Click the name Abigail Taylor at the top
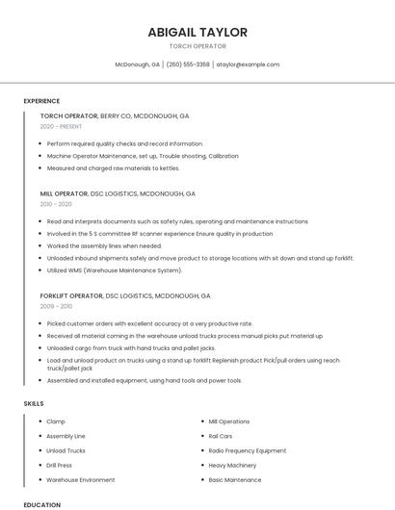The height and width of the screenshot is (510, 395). [197, 32]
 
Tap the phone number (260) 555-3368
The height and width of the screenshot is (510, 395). [188, 64]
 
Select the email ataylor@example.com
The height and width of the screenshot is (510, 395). [248, 64]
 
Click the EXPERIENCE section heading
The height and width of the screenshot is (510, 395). [41, 101]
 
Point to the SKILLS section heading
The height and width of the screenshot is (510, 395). [34, 404]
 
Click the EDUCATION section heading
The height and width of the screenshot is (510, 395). [41, 504]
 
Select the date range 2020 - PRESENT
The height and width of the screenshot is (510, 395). [62, 127]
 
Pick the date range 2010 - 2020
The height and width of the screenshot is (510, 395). [56, 204]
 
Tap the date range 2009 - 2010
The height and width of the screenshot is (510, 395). [56, 306]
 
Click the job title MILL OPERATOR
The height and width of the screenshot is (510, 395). [65, 193]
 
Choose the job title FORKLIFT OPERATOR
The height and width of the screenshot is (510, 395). [71, 295]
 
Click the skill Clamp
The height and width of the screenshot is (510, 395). [56, 421]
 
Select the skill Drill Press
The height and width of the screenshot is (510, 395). [60, 465]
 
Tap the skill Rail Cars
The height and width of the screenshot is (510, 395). [221, 436]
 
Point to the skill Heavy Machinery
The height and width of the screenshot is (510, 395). [232, 465]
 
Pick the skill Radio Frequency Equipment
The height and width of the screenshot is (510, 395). [248, 450]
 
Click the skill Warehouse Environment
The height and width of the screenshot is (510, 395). [81, 479]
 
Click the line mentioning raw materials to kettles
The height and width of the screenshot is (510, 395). [114, 168]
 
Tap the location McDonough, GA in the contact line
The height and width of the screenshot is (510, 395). [138, 64]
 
